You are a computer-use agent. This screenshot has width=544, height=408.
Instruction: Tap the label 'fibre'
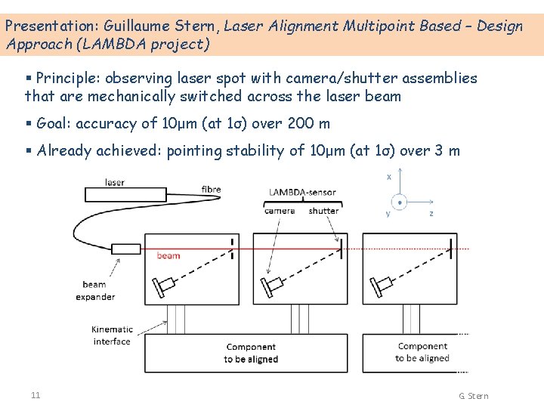tap(212, 188)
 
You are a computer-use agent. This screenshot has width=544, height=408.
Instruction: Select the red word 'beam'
tap(168, 255)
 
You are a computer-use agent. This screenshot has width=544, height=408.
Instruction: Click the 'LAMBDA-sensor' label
tap(301, 192)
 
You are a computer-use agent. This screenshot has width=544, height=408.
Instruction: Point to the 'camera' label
tap(280, 211)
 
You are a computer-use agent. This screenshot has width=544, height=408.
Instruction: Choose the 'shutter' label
tap(323, 211)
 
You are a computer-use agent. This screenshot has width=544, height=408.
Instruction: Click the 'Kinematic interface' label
tap(112, 335)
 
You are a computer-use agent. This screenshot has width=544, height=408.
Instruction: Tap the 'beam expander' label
tap(95, 290)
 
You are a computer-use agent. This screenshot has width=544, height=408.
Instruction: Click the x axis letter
tap(388, 177)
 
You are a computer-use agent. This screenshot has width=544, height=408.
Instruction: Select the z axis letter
tap(431, 214)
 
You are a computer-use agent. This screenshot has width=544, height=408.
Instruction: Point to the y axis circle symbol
tap(400, 202)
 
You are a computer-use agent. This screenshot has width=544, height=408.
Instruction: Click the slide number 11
tap(36, 395)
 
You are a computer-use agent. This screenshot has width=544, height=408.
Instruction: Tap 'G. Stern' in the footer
tap(473, 396)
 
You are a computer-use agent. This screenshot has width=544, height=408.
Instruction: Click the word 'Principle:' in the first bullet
tap(68, 78)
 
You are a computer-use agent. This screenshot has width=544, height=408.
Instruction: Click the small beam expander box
tap(126, 249)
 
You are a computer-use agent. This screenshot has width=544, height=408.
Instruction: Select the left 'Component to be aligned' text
tap(251, 353)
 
